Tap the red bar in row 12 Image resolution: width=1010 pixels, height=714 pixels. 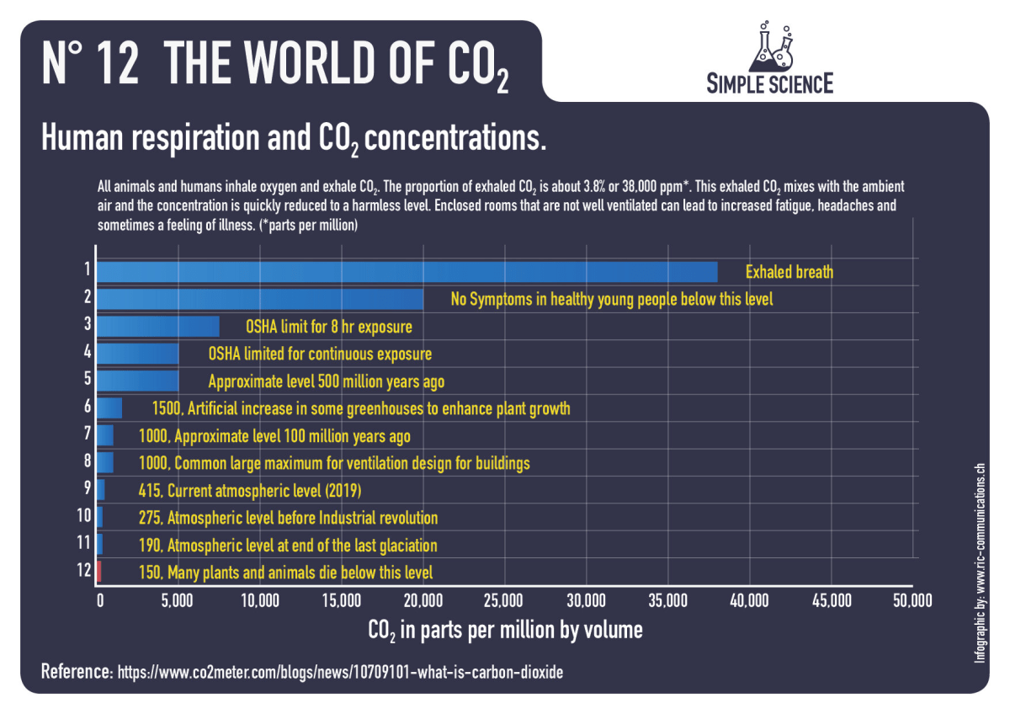pyautogui.click(x=98, y=572)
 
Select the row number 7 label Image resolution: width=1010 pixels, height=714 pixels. pyautogui.click(x=86, y=434)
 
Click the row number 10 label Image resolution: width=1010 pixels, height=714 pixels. pyautogui.click(x=83, y=515)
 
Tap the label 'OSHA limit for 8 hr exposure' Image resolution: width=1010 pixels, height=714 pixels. pyautogui.click(x=328, y=327)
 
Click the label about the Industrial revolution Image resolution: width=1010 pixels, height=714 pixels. pyautogui.click(x=288, y=518)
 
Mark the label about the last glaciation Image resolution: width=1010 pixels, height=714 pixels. pyautogui.click(x=287, y=546)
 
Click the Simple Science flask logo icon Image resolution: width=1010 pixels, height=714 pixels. pyautogui.click(x=772, y=46)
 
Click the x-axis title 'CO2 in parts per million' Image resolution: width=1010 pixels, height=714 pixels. pyautogui.click(x=504, y=630)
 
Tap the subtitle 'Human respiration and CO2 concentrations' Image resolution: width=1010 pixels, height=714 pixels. pyautogui.click(x=294, y=137)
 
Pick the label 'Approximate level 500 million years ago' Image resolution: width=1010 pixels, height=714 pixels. pyautogui.click(x=326, y=381)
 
